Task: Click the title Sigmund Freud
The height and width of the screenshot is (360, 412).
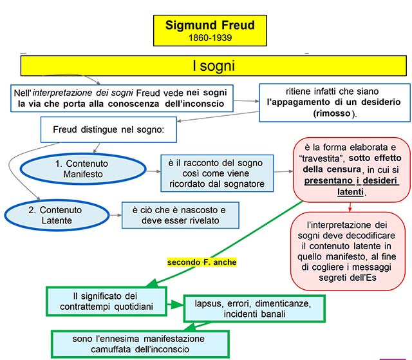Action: [210, 26]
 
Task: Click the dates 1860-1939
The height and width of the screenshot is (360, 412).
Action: [210, 38]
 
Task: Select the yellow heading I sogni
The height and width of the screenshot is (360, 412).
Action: [214, 66]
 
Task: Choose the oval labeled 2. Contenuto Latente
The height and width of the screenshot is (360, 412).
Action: [56, 216]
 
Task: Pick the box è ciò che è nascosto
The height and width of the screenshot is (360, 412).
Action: [180, 216]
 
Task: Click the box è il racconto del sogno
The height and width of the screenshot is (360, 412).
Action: [216, 172]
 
